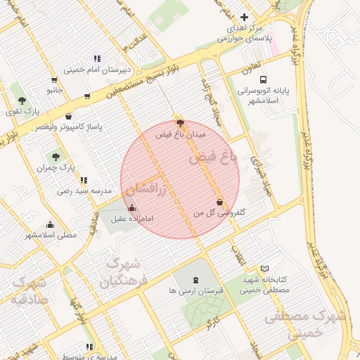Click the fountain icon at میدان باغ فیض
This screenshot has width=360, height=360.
click(x=179, y=122)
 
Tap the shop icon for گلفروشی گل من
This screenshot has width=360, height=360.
click(x=220, y=202)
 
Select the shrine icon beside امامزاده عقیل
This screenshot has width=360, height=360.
click(x=132, y=207)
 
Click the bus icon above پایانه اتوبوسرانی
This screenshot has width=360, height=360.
click(x=263, y=80)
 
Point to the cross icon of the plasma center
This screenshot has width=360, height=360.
click(x=244, y=17)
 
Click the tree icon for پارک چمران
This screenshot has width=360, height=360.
click(x=56, y=157)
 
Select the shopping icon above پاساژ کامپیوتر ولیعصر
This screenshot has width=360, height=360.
click(x=68, y=117)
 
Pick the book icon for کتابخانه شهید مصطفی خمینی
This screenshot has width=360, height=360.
click(x=264, y=269)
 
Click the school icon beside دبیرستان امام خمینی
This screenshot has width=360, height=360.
click(x=97, y=59)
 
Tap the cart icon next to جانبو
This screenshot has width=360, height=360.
click(x=86, y=96)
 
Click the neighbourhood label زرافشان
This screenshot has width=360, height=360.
click(x=146, y=188)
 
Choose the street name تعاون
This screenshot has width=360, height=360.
click(x=252, y=70)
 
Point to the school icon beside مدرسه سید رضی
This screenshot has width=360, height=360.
click(x=84, y=181)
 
